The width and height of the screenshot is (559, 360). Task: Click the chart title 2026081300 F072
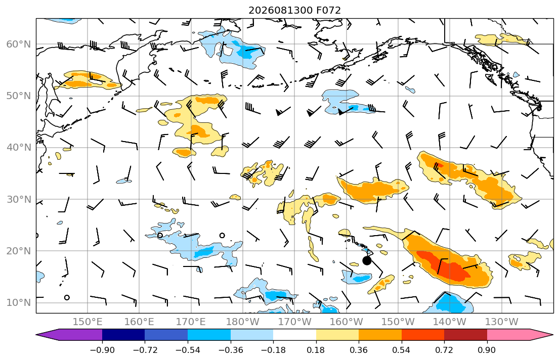(294, 10)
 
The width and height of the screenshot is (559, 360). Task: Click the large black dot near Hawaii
(367, 260)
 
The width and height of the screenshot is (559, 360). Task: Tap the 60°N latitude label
(19, 44)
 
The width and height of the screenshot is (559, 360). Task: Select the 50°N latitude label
(19, 96)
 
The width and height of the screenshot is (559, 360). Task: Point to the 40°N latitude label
(19, 148)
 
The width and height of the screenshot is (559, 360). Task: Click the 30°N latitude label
(19, 199)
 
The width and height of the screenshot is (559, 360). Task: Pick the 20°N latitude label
(19, 251)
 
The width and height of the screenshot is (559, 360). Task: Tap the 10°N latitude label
(19, 303)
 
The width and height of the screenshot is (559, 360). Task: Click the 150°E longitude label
(88, 322)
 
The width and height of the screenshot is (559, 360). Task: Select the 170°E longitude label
(191, 322)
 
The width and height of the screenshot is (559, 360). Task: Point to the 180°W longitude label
(243, 322)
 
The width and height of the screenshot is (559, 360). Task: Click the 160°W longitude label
(347, 322)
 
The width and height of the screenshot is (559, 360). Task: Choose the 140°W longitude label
(450, 322)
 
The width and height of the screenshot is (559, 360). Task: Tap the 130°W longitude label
(502, 322)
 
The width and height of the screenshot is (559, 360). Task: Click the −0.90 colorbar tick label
(102, 350)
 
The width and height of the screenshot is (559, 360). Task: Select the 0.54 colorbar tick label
(402, 350)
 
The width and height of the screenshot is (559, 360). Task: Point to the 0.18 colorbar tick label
(316, 350)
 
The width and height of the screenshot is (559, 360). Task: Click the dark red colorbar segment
(465, 335)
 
